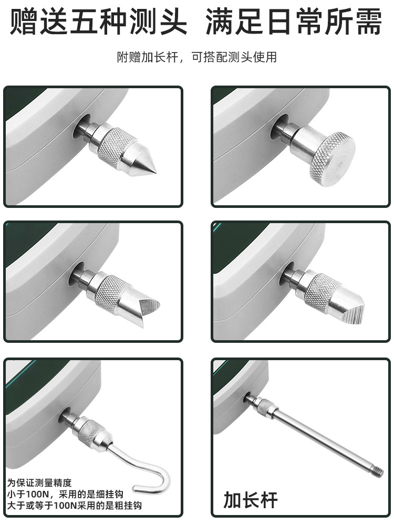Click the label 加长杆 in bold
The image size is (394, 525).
[x=250, y=500]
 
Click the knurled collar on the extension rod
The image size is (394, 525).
[x=265, y=406]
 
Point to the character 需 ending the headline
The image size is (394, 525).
[x=369, y=21]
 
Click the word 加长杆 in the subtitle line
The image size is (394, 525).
[x=159, y=57]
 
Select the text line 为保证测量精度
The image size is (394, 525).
[x=39, y=482]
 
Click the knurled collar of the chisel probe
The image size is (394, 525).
[x=321, y=291]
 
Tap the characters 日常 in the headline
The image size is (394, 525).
[x=293, y=21]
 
